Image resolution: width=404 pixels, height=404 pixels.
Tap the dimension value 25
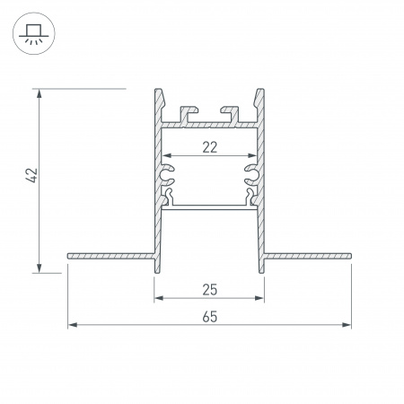pos(210,289)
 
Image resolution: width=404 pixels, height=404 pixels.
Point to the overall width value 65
pos(209,316)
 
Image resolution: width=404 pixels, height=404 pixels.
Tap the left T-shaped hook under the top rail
pos(189,112)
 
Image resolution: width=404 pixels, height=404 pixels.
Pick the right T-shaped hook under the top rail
pos(233,112)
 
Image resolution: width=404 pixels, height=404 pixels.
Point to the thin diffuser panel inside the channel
pos(209,206)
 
